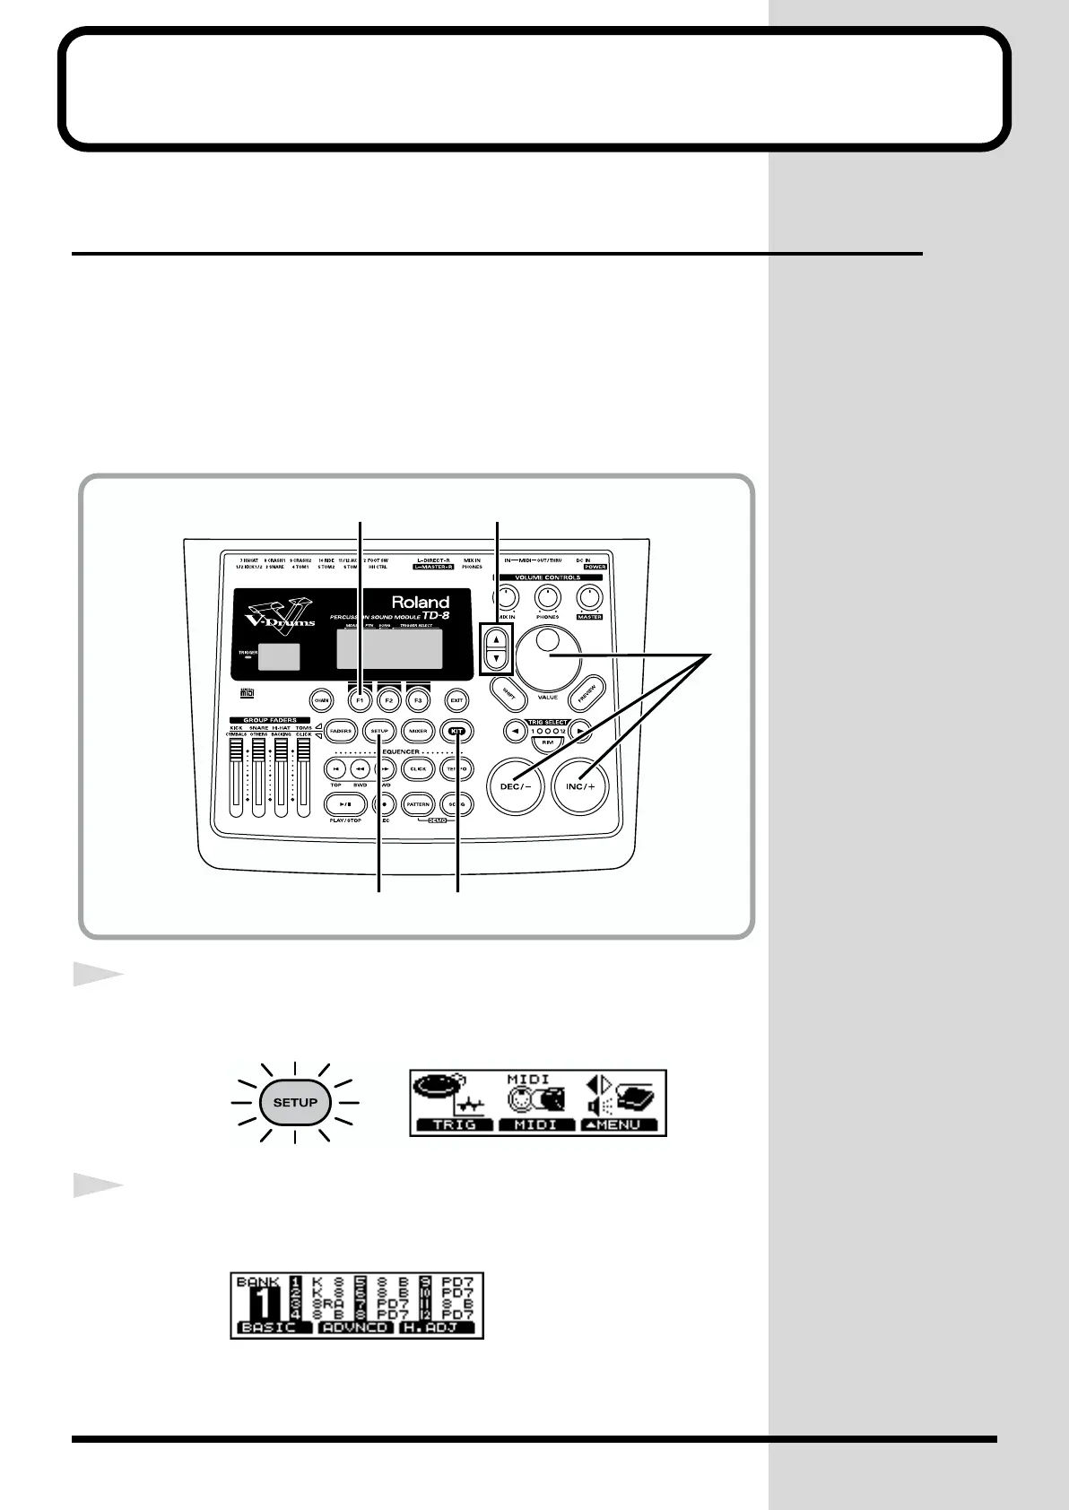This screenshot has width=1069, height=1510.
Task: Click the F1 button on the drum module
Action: (x=361, y=699)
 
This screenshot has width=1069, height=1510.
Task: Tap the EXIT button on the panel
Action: (x=456, y=699)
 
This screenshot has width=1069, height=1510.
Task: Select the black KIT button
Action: (x=457, y=731)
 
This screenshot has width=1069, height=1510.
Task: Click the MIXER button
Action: (x=418, y=731)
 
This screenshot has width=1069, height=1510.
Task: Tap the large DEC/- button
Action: (x=515, y=786)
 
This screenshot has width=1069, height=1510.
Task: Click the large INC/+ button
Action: (x=580, y=786)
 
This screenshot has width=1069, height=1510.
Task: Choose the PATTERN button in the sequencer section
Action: (x=418, y=804)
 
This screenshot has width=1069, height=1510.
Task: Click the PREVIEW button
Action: (x=587, y=691)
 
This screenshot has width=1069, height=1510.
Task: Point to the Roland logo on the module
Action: (x=420, y=602)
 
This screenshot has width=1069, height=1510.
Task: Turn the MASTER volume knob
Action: (x=589, y=597)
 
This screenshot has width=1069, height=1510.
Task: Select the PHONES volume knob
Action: (x=547, y=597)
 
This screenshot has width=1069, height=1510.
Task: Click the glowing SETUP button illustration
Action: (x=295, y=1102)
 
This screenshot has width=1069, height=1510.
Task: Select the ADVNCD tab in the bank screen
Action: (x=355, y=1327)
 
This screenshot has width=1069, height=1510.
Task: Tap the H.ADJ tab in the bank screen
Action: (x=436, y=1327)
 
